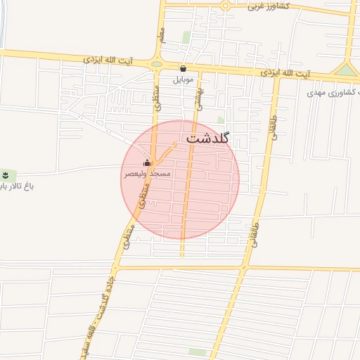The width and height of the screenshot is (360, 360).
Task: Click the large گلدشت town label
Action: [209, 139]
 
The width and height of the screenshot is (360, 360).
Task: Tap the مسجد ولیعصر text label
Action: [147, 173]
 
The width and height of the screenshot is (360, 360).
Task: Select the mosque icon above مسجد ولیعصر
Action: [147, 163]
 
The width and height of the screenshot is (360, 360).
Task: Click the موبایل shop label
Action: [184, 79]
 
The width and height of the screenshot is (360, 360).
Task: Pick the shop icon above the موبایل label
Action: [184, 69]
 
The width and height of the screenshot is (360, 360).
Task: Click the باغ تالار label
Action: [15, 186]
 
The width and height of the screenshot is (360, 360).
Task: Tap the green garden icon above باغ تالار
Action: [6, 174]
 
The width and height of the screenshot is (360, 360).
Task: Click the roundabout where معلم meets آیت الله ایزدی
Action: [157, 64]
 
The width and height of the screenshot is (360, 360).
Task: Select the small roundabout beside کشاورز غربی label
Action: [226, 6]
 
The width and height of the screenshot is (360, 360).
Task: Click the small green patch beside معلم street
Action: [186, 37]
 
